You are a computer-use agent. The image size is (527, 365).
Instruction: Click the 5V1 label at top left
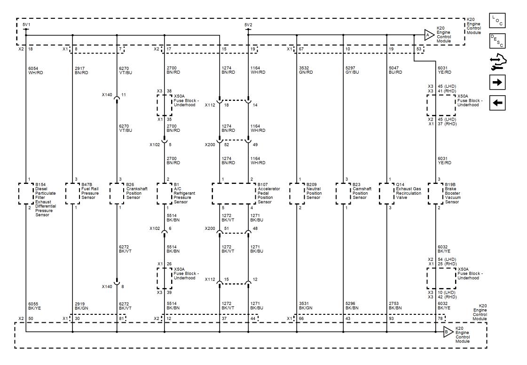point(26,25)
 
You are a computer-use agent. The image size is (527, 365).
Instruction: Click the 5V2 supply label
point(248,25)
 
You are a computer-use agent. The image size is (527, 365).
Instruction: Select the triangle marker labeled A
point(428,35)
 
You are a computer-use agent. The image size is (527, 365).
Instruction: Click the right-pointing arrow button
point(497,83)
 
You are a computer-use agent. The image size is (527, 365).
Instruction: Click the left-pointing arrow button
point(497,103)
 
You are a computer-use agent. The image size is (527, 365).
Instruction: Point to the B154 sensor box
point(26,194)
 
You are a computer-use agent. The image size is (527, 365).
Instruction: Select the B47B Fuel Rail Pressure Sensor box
point(72,194)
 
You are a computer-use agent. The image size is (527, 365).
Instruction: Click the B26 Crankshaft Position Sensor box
point(117,194)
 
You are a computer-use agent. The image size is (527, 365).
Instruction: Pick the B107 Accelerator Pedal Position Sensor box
point(234,194)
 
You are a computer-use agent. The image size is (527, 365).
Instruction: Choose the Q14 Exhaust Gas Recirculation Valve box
point(386,194)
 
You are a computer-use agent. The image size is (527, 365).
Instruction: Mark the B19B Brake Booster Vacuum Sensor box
point(436,194)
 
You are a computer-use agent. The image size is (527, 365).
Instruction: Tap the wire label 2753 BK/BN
point(395,305)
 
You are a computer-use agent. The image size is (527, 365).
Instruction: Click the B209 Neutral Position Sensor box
point(297,194)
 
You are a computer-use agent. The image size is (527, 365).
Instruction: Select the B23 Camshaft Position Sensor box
point(344,194)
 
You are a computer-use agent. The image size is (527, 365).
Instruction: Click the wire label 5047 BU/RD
point(395,70)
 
